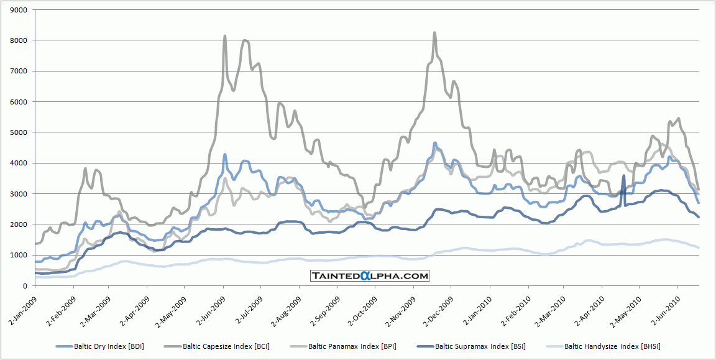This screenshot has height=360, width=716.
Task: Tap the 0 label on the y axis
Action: click(x=26, y=286)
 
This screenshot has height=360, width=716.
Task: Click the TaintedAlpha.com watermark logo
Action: click(x=370, y=275)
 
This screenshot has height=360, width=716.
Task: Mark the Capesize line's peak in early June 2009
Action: click(x=224, y=36)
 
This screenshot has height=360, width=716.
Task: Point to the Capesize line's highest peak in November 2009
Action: click(x=434, y=33)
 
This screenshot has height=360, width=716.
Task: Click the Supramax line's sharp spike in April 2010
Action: click(x=623, y=176)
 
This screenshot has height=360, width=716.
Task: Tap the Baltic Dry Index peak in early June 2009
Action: click(x=224, y=154)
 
